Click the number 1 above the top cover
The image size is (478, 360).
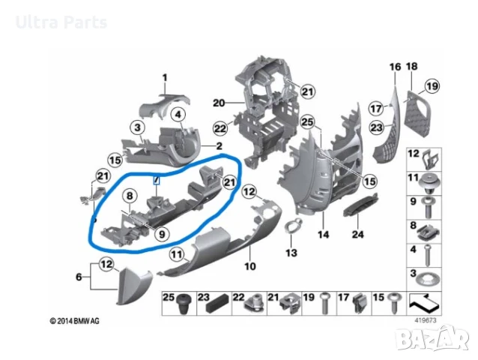165,78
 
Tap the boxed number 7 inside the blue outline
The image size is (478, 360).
156,180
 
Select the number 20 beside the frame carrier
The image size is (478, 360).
219,103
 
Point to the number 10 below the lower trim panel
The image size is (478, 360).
250,266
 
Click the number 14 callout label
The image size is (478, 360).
324,235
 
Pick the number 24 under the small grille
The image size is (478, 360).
358,234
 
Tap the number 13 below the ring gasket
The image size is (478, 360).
291,253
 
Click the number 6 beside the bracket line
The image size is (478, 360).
79,277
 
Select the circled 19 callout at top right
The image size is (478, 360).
432,86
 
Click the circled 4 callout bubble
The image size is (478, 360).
178,115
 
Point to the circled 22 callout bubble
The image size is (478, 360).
220,128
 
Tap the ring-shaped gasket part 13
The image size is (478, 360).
293,226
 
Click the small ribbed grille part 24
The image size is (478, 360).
360,205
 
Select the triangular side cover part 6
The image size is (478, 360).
133,286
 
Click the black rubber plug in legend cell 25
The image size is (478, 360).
184,304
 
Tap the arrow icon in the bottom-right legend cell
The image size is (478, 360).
424,302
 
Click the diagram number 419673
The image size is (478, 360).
426,320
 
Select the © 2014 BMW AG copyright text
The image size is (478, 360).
75,321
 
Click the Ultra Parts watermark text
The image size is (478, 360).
61,22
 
